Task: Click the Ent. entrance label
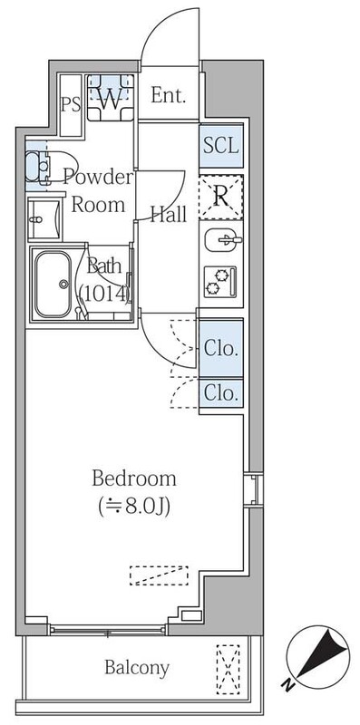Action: pos(169,95)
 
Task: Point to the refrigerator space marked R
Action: pos(221,198)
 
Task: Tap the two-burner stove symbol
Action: pos(220,282)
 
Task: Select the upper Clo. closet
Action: pos(221,347)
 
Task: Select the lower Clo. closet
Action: pos(221,393)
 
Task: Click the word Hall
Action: pos(169,215)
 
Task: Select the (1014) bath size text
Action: pos(105,293)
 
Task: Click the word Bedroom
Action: pos(134,478)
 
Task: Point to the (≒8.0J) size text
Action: pos(134,505)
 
